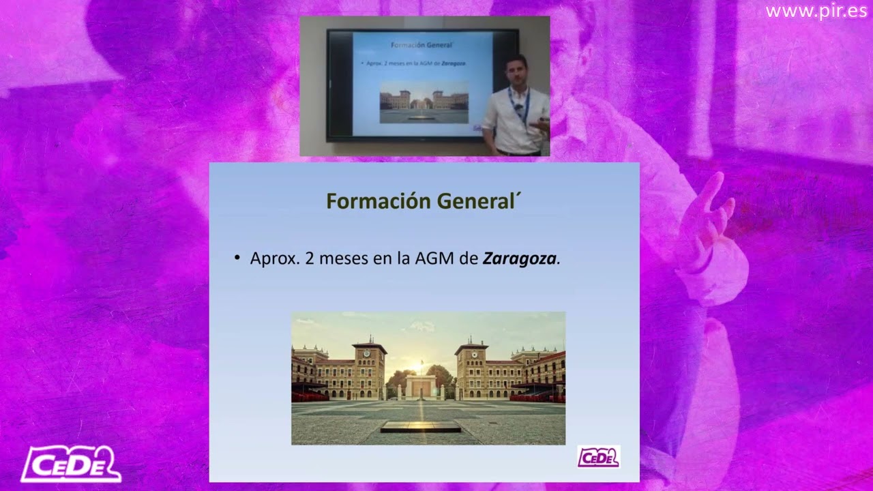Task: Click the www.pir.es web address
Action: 814,12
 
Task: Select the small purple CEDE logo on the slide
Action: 598,457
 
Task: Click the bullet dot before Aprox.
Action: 237,258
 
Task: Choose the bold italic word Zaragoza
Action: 519,259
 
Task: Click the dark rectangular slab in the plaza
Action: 420,426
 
